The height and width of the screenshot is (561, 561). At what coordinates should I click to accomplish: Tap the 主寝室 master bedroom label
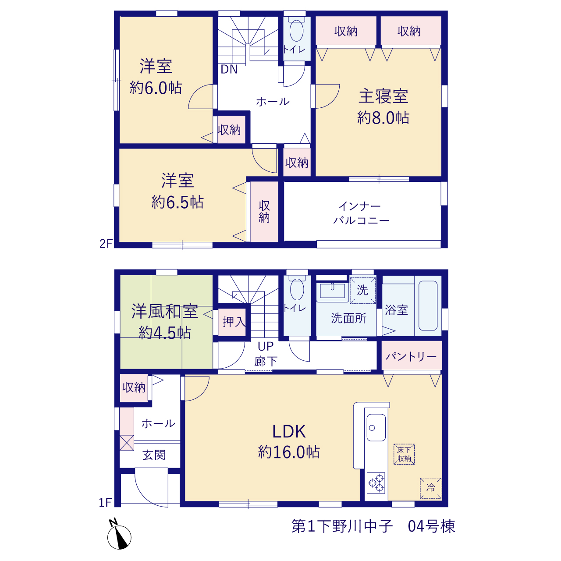point(383,96)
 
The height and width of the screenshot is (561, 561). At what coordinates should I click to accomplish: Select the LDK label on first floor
point(289,432)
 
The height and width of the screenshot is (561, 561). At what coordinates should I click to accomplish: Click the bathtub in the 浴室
point(428,305)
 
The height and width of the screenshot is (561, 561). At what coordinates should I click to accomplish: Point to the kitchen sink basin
point(376,427)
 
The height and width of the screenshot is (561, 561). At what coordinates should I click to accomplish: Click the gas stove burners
point(376,483)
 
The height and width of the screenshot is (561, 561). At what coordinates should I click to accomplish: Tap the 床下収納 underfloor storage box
point(404,454)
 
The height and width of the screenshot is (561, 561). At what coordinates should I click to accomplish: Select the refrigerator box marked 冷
point(430,488)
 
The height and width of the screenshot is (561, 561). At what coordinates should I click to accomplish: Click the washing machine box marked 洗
point(362,291)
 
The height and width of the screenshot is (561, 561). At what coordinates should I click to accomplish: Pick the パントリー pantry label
point(411,357)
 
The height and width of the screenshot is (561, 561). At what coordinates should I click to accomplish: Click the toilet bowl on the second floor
point(296,31)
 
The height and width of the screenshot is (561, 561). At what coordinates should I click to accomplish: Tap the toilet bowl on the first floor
point(297,289)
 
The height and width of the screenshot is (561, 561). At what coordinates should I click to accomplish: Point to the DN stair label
point(229,69)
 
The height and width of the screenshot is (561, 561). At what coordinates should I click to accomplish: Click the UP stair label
point(266,346)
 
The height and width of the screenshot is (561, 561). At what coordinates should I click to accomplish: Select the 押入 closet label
point(234,322)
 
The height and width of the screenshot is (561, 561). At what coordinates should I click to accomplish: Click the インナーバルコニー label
point(361,213)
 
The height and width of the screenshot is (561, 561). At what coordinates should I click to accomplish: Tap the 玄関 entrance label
point(154,455)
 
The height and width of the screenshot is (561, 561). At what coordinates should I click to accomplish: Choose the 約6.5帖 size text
point(178,202)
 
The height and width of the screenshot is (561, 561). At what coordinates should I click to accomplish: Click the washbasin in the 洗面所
point(332,291)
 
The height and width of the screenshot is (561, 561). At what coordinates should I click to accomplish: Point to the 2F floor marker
point(106,244)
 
